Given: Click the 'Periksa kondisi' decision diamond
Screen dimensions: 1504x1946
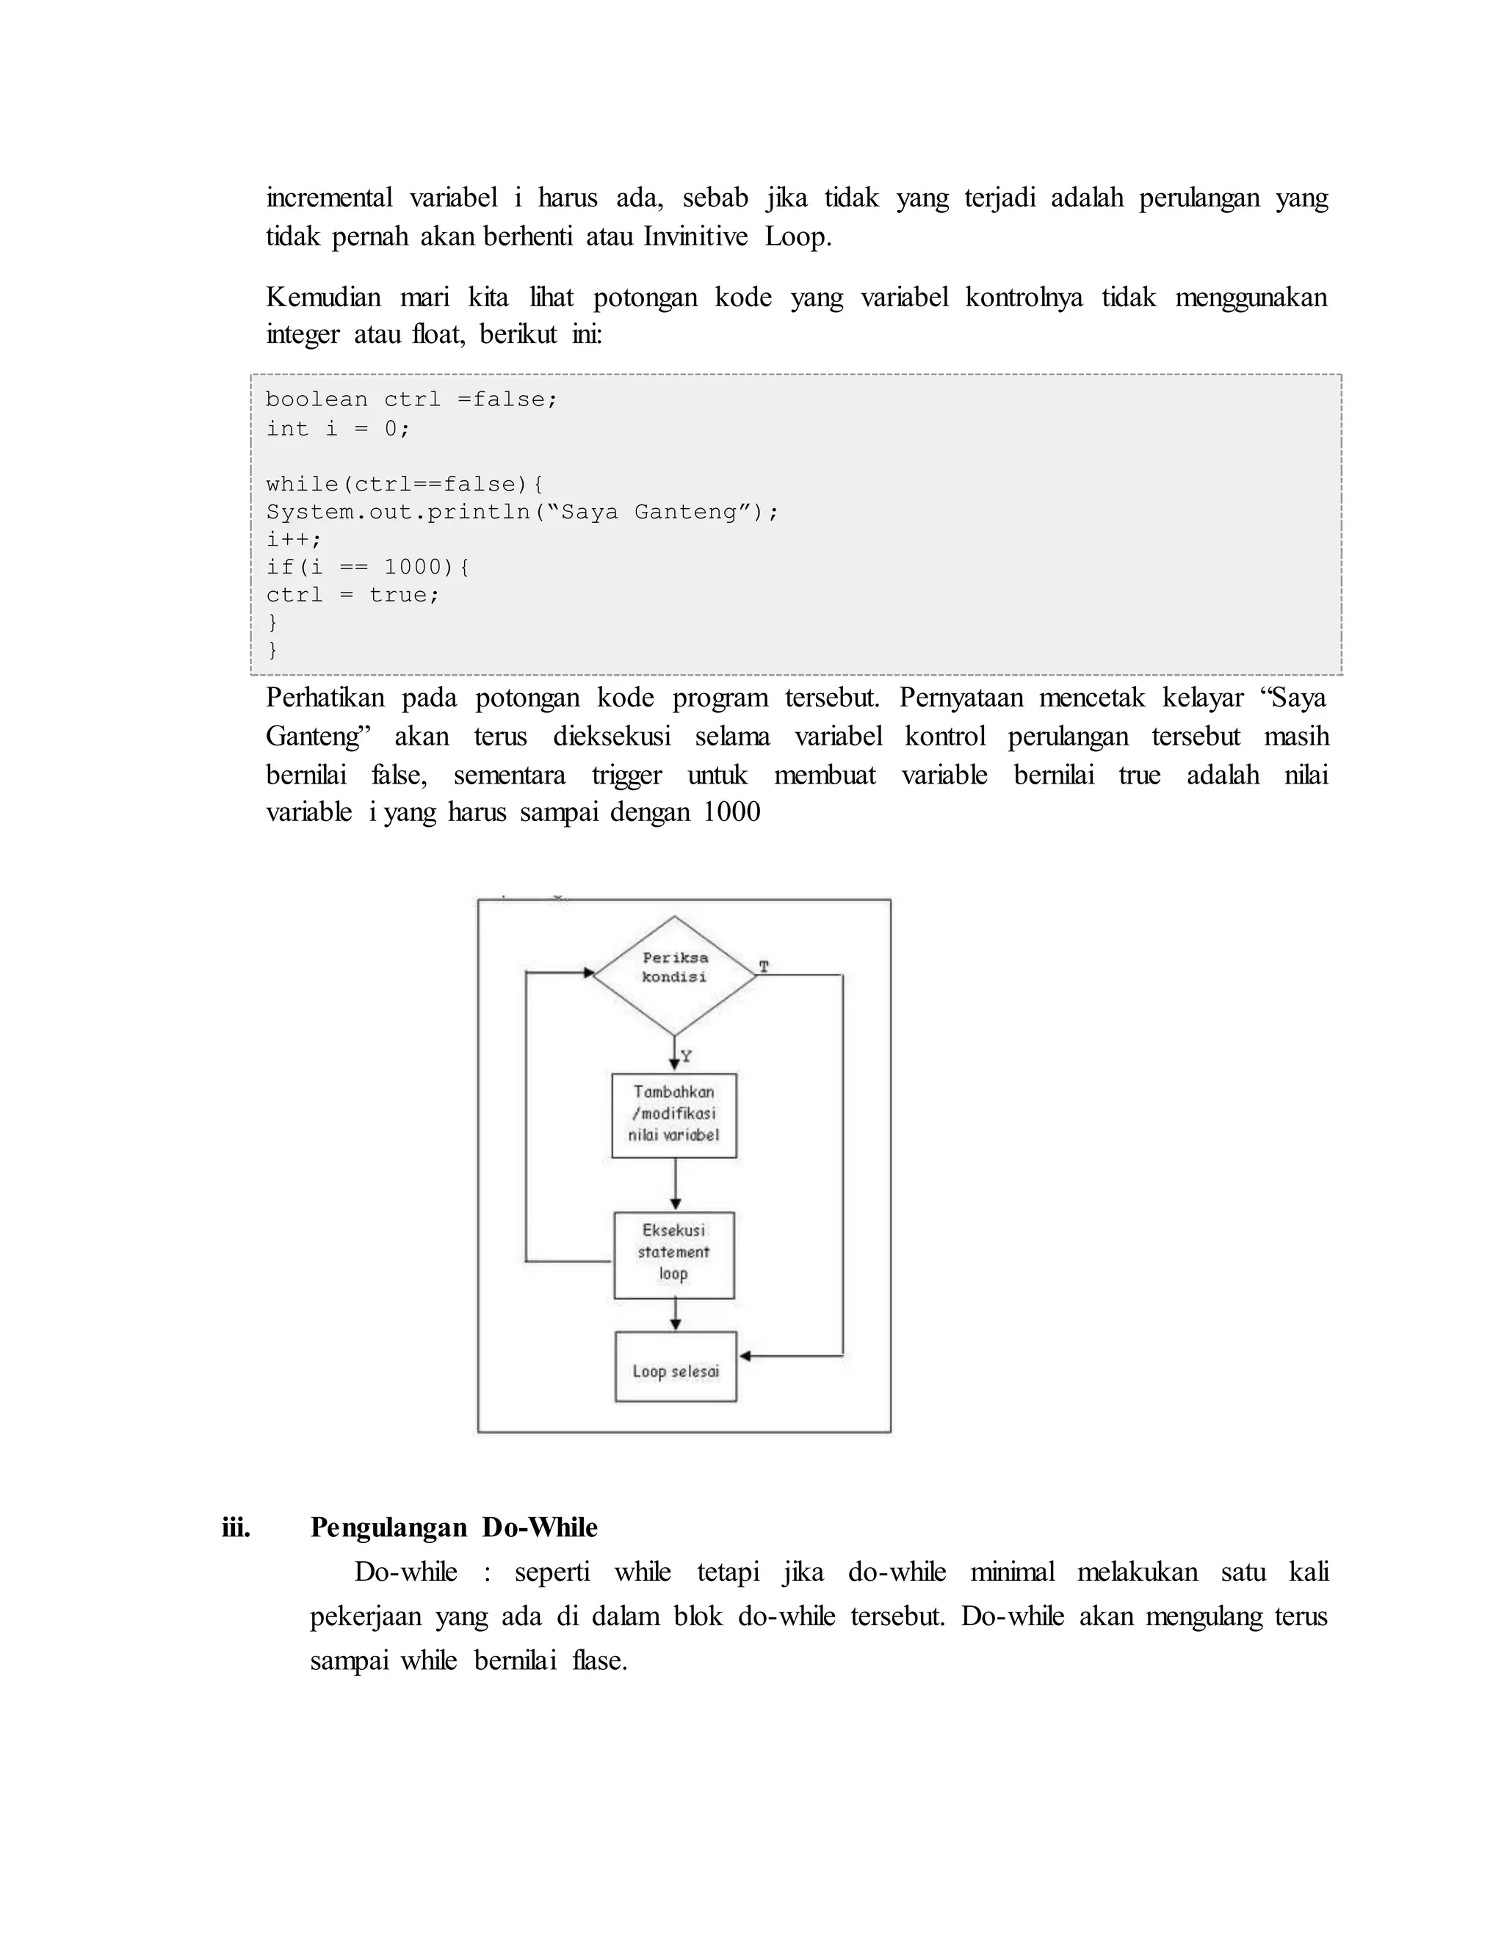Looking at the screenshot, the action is point(674,974).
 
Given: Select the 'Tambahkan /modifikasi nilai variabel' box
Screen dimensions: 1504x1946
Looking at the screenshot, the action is point(673,1115).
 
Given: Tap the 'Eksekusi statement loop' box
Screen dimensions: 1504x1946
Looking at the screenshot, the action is point(673,1254).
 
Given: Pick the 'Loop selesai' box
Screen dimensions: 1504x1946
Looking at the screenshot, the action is point(676,1371).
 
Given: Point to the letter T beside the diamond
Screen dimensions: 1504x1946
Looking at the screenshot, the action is point(764,966).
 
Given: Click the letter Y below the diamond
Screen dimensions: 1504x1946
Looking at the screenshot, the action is point(686,1056).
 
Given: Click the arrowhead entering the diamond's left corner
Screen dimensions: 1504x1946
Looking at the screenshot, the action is point(588,973).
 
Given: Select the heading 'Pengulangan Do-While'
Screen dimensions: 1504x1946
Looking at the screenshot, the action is point(454,1527).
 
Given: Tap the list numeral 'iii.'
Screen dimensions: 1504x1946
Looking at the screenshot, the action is point(236,1527).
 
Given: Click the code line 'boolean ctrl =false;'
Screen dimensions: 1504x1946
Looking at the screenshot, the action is point(412,399).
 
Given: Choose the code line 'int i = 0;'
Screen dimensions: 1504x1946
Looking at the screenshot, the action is point(338,429).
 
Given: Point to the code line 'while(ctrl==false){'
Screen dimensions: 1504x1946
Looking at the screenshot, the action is point(405,484).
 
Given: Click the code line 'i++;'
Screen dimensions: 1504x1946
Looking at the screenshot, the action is point(293,539).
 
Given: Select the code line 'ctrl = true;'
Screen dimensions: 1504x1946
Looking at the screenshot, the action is point(352,594).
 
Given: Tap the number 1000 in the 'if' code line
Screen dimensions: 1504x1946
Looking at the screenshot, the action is point(413,567).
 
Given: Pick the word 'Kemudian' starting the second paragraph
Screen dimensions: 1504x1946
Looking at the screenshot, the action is point(323,297).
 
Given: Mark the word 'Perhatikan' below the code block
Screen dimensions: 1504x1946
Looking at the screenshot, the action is point(325,698).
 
